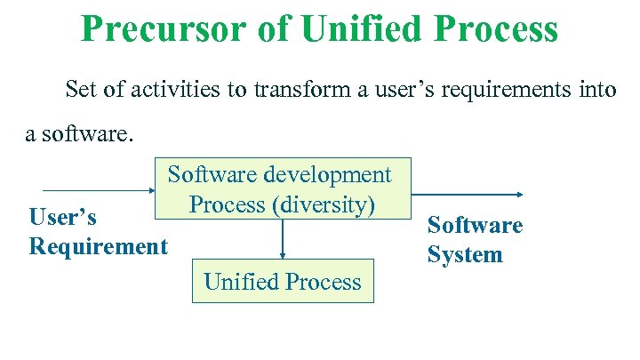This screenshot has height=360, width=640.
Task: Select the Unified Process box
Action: point(283,282)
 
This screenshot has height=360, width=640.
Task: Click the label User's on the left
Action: point(62,217)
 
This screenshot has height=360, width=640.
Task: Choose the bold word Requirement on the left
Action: point(98,245)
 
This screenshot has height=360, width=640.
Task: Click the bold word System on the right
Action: point(465,255)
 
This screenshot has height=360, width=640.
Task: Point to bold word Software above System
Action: point(475,226)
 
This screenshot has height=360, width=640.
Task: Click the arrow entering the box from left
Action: point(98,190)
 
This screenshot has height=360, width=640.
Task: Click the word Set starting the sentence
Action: point(79,90)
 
